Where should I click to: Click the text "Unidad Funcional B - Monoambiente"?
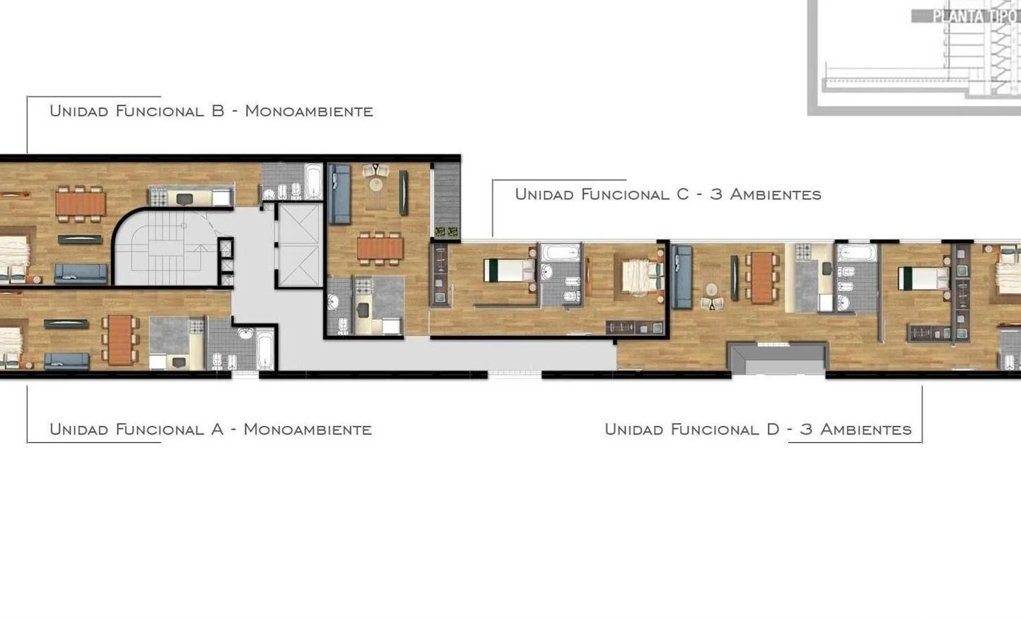tap(210, 111)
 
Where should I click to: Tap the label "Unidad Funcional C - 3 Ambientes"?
tap(667, 194)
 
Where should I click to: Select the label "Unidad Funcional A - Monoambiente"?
tap(210, 429)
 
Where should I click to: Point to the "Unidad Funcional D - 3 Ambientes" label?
tap(758, 429)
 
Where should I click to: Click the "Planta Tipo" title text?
tap(974, 15)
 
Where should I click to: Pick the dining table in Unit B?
tap(80, 203)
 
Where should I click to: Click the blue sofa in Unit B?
tap(81, 273)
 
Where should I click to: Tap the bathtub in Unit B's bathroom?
tap(313, 181)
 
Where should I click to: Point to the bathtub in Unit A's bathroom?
tap(266, 350)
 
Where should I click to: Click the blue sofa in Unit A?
tap(66, 361)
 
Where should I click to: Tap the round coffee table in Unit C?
tap(376, 184)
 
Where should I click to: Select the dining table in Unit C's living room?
tap(379, 248)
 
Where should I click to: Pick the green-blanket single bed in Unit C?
tap(509, 270)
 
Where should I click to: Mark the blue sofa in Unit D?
tap(681, 277)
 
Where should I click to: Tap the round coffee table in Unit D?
tap(711, 290)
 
